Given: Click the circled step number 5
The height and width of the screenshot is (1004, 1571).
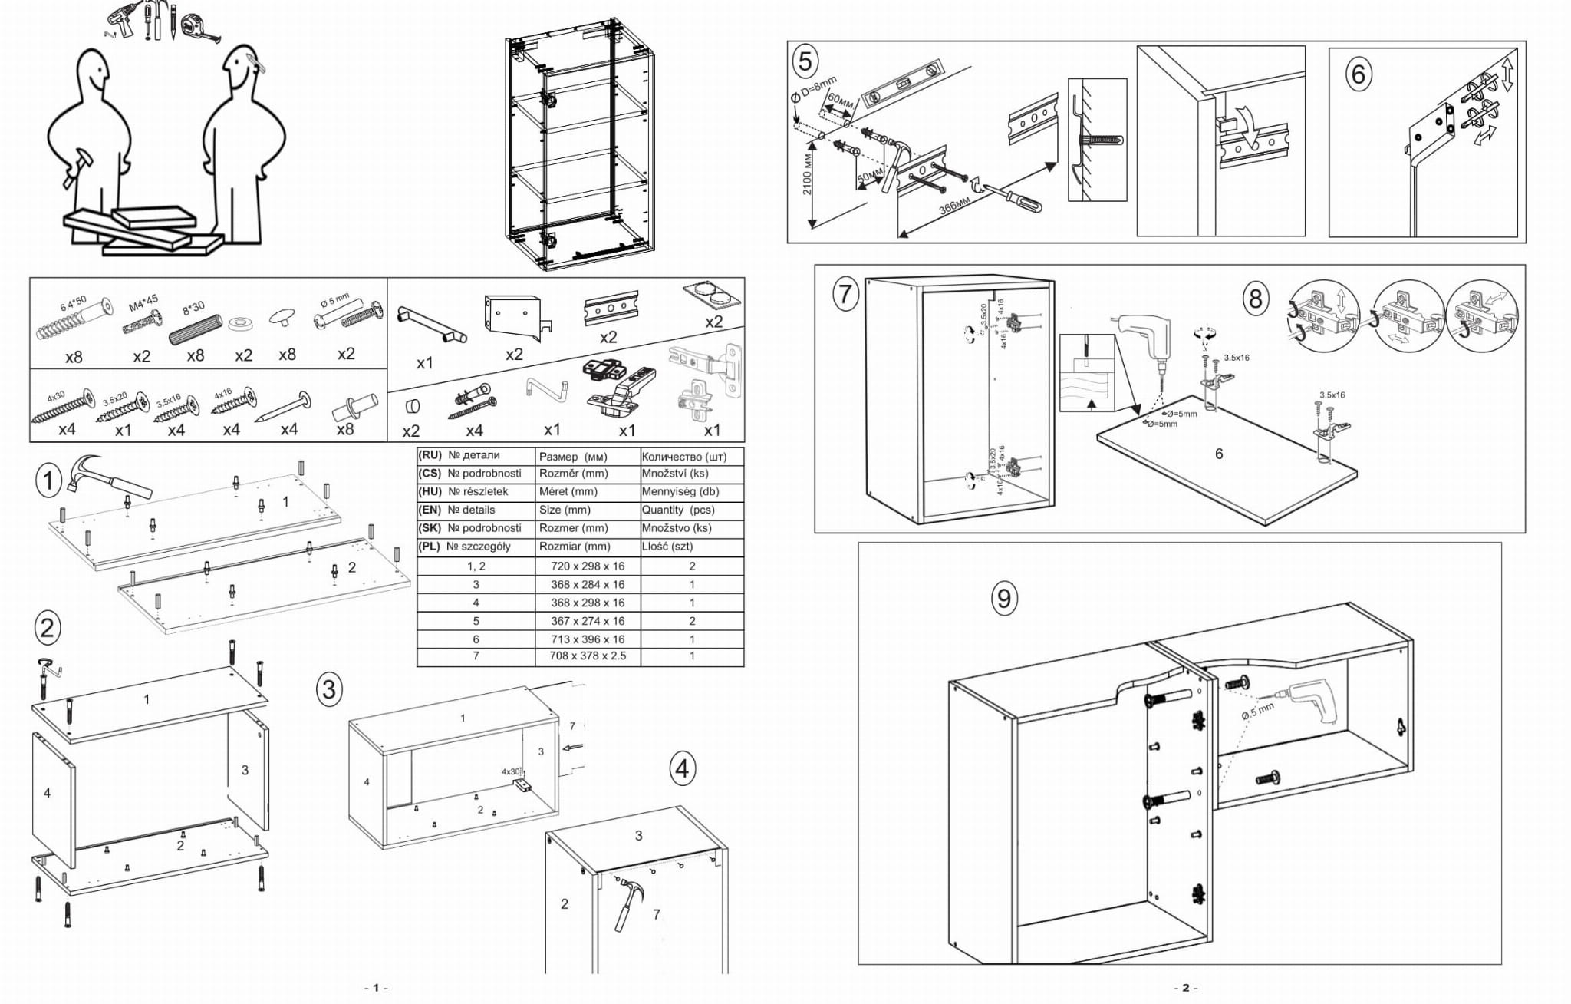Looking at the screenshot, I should tap(805, 61).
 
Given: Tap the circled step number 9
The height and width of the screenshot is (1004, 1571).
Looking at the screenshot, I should tap(1004, 598).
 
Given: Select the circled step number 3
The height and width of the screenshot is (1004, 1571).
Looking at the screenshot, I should tap(329, 689).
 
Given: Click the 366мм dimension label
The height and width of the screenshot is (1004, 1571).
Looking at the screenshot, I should tap(954, 206).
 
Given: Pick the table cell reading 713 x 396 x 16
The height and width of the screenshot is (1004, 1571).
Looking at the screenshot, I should tap(588, 639).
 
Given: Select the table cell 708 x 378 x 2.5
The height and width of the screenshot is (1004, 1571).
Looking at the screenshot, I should tap(588, 656).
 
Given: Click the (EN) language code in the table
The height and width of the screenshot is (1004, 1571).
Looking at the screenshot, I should tap(430, 510).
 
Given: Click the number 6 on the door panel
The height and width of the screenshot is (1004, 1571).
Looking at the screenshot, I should tap(1219, 454).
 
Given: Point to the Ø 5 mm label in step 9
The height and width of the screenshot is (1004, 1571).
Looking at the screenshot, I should tap(1257, 711).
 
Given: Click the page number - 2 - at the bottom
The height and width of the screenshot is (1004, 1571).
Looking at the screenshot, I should tap(1185, 988).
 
